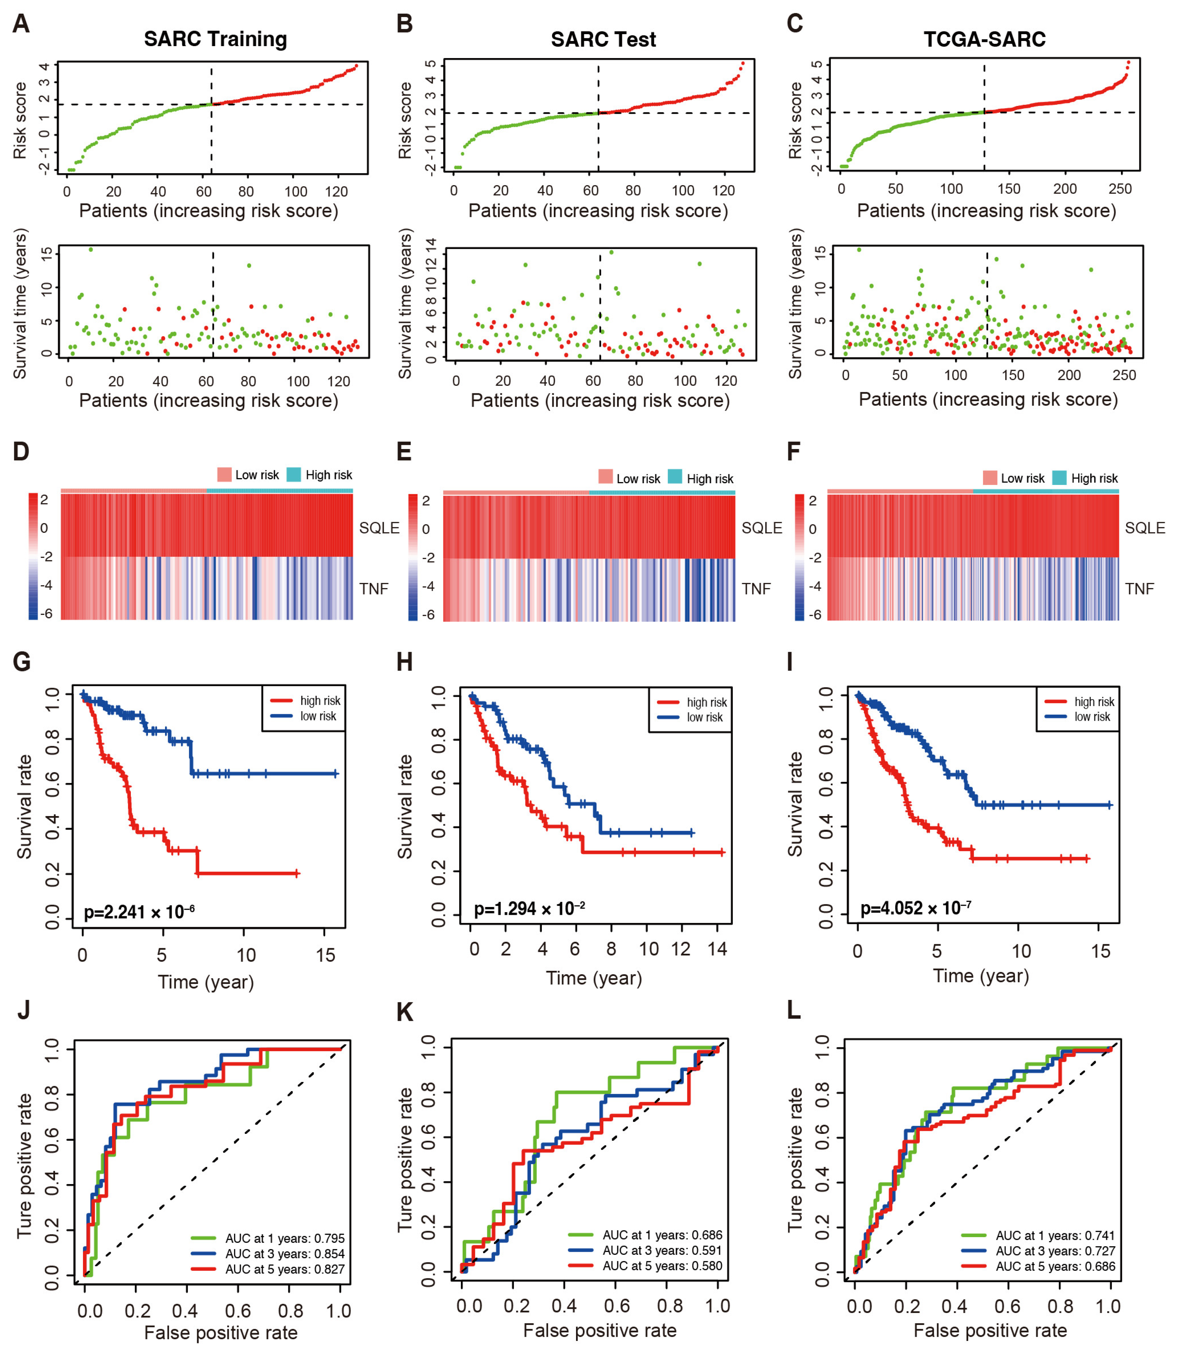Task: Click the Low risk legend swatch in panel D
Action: pos(224,474)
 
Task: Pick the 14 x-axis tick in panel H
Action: pos(717,949)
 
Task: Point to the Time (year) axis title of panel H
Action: pos(593,978)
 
